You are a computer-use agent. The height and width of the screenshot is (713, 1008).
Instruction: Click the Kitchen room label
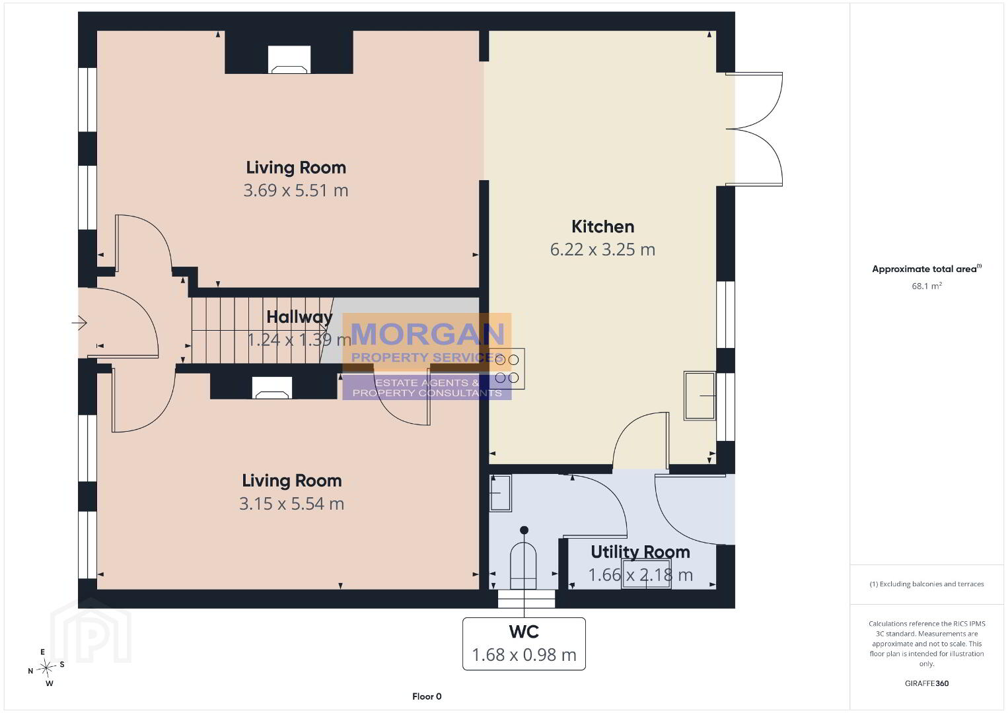(x=602, y=226)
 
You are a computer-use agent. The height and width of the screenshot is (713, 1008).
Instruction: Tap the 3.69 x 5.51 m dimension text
(x=296, y=191)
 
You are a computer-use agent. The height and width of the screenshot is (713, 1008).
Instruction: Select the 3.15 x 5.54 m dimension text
(x=291, y=504)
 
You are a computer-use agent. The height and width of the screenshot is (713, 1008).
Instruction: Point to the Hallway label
(x=299, y=317)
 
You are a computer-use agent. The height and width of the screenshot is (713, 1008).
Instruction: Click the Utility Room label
(x=640, y=552)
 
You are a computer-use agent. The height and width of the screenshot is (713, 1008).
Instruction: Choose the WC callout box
(x=524, y=644)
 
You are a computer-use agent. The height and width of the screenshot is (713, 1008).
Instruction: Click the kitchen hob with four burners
(x=507, y=369)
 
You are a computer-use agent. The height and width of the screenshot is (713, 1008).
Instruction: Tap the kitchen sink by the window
(x=700, y=396)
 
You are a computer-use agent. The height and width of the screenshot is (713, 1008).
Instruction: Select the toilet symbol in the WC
(x=523, y=566)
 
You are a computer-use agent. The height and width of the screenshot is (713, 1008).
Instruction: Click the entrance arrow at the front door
(x=79, y=323)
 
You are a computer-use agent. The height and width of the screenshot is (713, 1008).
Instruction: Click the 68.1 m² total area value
(x=927, y=286)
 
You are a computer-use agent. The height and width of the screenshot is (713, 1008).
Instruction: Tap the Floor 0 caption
(x=427, y=696)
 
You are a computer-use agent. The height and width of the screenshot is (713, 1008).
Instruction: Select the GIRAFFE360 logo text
(x=927, y=683)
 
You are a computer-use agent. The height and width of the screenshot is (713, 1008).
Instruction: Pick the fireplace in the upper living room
(x=289, y=59)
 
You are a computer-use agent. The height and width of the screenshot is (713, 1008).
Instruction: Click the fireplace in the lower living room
(x=271, y=388)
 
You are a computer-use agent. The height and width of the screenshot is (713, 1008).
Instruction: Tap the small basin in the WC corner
(x=501, y=493)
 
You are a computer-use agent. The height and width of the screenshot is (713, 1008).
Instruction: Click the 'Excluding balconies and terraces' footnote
(x=927, y=584)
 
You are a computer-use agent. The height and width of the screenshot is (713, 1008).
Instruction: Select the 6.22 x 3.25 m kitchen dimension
(x=602, y=250)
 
